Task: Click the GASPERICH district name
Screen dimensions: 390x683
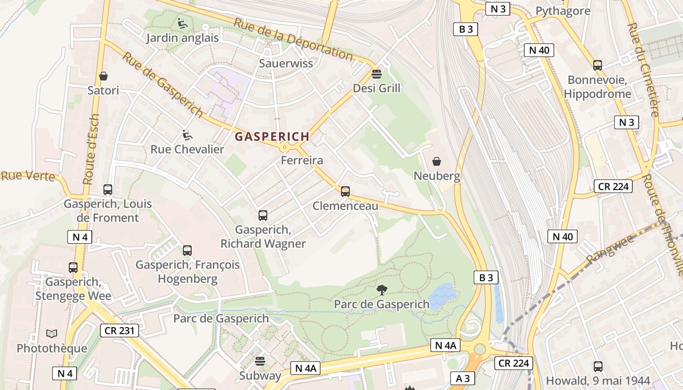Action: (x=272, y=137)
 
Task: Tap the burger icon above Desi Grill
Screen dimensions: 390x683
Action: (x=376, y=74)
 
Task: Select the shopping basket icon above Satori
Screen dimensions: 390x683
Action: (x=103, y=76)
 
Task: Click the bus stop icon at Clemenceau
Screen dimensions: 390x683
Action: (x=345, y=192)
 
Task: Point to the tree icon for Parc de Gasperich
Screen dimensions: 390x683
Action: (x=382, y=290)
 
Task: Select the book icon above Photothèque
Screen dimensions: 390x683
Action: (x=52, y=334)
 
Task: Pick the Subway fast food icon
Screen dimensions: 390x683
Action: (x=260, y=361)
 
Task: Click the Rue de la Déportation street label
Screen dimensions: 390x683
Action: (x=293, y=39)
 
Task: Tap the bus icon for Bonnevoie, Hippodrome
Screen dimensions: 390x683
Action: (x=598, y=65)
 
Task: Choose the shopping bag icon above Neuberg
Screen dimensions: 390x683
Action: (x=437, y=161)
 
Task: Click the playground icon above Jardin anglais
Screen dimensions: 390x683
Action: (x=182, y=23)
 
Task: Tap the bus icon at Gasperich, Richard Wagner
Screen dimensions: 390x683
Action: (x=263, y=215)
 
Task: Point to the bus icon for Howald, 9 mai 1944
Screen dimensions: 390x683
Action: (x=598, y=366)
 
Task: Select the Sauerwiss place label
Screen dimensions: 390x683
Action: (x=286, y=63)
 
